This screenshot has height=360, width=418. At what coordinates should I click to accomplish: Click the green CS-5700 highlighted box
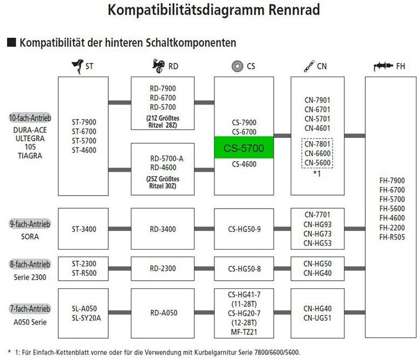click(244, 148)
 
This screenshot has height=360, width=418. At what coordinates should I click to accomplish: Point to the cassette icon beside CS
click(235, 66)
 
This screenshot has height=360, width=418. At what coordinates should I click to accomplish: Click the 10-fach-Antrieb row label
click(30, 118)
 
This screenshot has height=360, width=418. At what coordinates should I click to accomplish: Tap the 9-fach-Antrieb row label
click(30, 224)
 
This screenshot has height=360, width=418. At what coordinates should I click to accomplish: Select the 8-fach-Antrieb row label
click(30, 264)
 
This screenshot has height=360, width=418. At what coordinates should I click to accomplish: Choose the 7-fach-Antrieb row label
click(30, 309)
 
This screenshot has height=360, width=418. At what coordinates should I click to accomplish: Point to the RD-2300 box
click(162, 268)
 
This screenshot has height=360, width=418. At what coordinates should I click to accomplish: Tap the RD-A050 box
click(162, 313)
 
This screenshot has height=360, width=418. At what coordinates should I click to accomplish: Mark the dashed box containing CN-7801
click(317, 153)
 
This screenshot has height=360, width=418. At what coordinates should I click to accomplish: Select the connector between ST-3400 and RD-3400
click(120, 229)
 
